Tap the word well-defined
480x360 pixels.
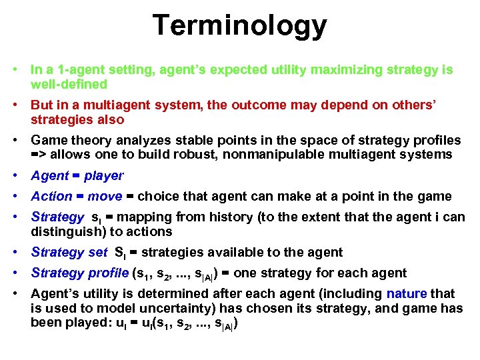pyautogui.click(x=69, y=84)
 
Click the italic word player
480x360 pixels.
pyautogui.click(x=104, y=176)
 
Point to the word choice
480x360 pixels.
pyautogui.click(x=159, y=197)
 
